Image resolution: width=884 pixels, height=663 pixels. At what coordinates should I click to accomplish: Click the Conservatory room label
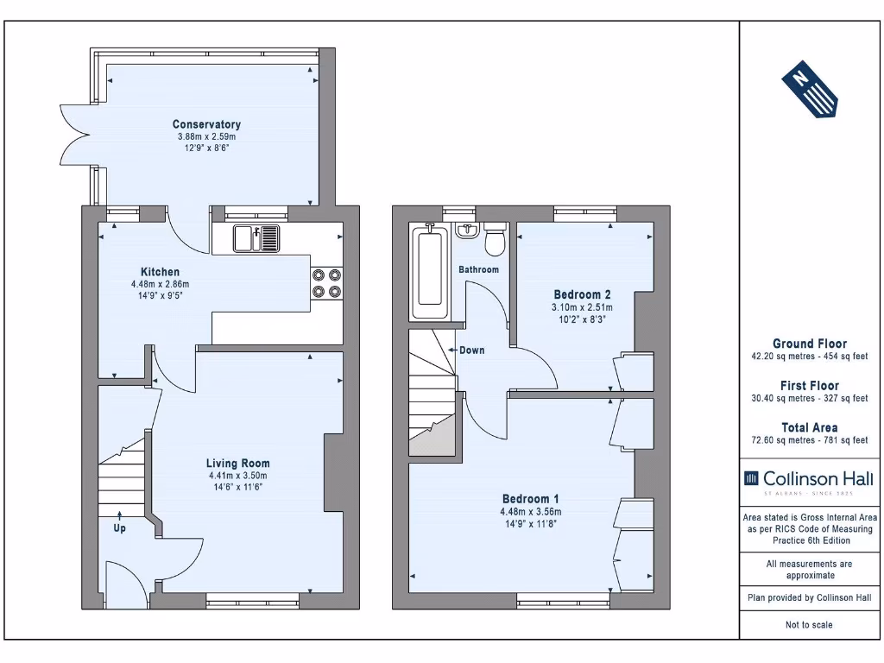click(206, 124)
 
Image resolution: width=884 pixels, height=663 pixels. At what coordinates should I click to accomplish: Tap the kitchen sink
click(256, 238)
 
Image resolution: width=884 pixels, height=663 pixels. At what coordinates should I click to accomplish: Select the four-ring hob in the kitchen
click(327, 283)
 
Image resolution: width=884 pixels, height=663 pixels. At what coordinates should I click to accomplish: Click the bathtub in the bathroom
click(430, 272)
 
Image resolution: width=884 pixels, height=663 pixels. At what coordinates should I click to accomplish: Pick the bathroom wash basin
click(467, 230)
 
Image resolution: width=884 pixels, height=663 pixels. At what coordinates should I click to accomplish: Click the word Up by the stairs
click(119, 528)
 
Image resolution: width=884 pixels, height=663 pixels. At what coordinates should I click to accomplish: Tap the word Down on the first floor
click(472, 350)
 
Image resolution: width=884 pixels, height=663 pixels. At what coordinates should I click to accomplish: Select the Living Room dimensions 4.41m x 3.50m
click(238, 476)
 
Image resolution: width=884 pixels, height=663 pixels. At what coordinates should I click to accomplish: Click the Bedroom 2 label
click(582, 294)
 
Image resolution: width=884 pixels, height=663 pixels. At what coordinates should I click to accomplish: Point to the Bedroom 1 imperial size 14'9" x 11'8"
click(531, 524)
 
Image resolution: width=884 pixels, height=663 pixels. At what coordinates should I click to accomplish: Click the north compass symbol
click(809, 89)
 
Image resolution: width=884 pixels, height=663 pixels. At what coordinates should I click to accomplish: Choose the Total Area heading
click(810, 427)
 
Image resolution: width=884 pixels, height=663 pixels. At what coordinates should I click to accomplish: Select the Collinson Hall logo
click(809, 483)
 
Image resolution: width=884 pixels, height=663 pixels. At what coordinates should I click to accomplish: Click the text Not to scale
click(809, 625)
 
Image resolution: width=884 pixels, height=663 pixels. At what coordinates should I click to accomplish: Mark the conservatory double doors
click(76, 136)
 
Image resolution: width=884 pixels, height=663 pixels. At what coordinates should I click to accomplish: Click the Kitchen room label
click(160, 272)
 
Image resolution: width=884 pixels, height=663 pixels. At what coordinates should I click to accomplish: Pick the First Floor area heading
click(810, 386)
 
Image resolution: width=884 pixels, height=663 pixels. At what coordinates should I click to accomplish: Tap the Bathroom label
click(478, 269)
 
